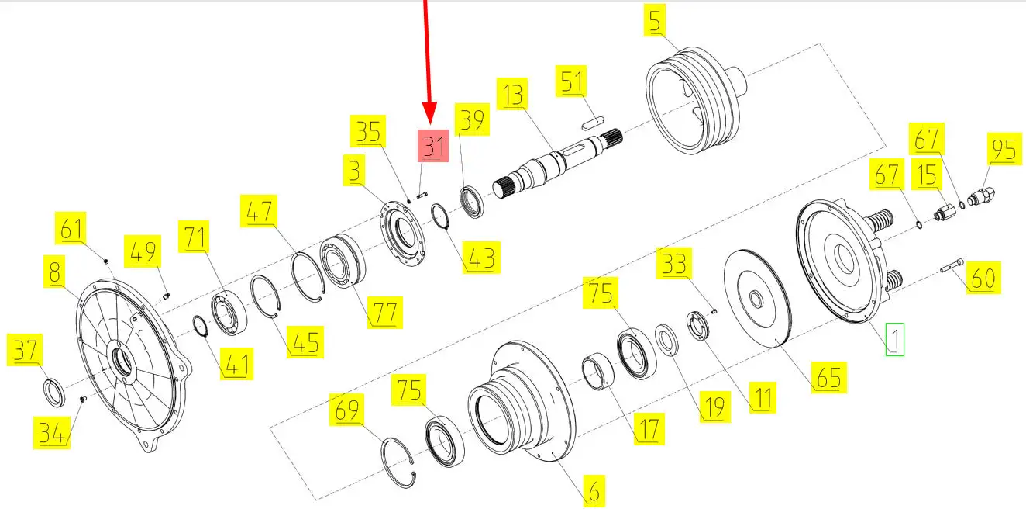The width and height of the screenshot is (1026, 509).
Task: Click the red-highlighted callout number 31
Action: click(x=433, y=146)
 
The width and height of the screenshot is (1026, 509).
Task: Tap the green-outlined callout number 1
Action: click(x=894, y=339)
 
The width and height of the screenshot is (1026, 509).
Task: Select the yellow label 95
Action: click(x=1004, y=148)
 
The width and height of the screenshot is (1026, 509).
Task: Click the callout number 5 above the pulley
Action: click(x=655, y=20)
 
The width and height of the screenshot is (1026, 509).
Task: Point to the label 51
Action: click(x=571, y=81)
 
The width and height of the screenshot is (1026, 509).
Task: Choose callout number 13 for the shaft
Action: click(x=512, y=94)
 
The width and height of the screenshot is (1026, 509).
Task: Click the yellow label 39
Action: click(x=472, y=119)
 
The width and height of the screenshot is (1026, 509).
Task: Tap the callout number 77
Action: click(x=384, y=313)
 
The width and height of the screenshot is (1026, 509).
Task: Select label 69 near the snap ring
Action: click(x=346, y=409)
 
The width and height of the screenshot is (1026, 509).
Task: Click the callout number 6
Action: click(x=594, y=491)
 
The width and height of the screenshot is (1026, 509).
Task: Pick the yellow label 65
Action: click(x=829, y=377)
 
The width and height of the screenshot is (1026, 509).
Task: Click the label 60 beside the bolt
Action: click(x=983, y=278)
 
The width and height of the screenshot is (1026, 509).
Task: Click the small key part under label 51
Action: click(x=593, y=123)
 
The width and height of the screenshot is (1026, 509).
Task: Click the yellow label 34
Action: click(x=52, y=432)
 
